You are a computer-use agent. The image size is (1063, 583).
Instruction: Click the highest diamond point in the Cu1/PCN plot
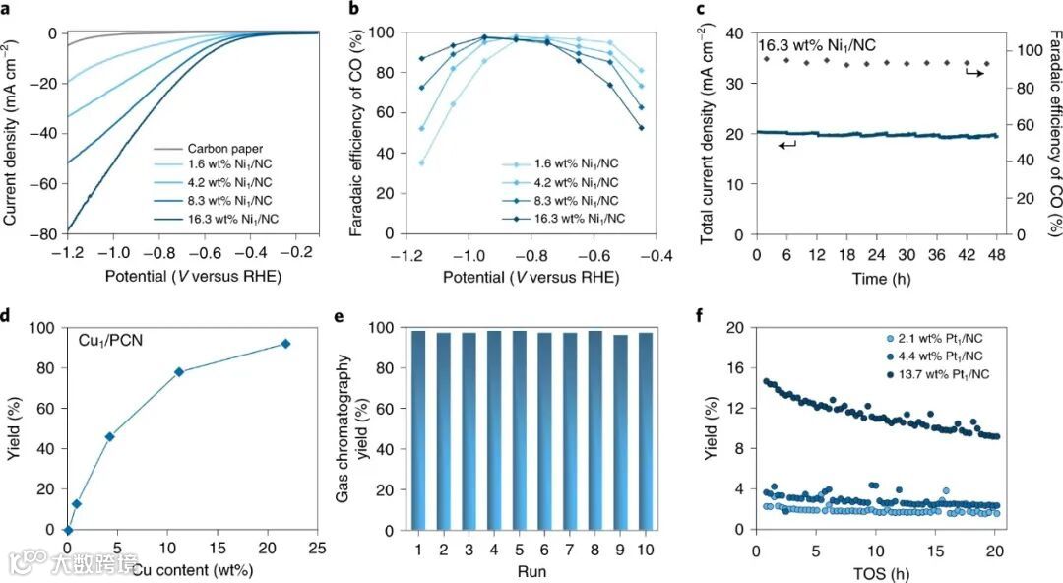point(285,344)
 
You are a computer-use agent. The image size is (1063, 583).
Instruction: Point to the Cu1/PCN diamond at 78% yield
point(179,372)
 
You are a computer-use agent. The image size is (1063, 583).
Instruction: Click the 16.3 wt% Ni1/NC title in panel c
point(813,45)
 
